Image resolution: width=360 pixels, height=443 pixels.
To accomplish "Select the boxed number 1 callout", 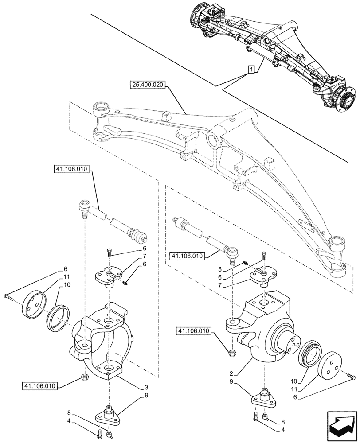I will coord(251,70).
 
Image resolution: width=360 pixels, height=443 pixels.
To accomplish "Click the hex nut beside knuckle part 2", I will coord(231,353).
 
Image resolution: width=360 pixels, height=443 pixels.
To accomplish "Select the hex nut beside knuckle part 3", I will coord(85,377).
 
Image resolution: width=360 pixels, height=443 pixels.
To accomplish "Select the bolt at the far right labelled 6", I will coord(353,377).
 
